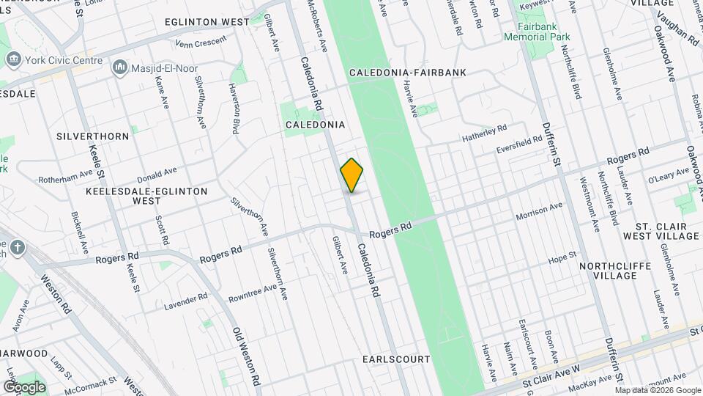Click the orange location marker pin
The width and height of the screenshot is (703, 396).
(x=352, y=175)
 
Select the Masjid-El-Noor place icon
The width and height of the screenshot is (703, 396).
(x=119, y=68)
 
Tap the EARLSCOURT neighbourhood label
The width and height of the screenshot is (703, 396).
(x=395, y=360)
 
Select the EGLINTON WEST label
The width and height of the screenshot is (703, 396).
(x=207, y=22)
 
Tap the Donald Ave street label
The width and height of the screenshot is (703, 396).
(x=157, y=175)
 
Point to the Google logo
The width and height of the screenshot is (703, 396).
(x=24, y=387)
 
